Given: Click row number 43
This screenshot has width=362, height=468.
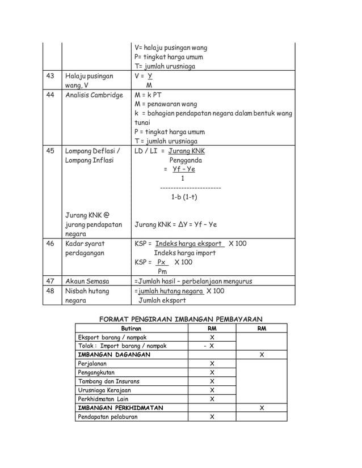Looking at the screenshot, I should pos(50,76).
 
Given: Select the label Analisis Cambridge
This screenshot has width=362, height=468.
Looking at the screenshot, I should pos(94,95).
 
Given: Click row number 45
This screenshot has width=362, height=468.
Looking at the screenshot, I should pos(50,151).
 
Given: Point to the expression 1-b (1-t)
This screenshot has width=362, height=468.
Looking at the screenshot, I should pos(184,197).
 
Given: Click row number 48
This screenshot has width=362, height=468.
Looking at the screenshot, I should pos(50,291).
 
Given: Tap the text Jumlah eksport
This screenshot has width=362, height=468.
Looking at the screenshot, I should pos(162,300).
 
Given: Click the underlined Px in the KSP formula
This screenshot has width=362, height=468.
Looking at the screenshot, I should pos(162,262).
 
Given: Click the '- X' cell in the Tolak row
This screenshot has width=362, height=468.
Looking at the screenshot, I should pos(209,346).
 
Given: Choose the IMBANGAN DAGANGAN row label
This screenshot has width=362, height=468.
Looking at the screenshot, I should pos(114,355).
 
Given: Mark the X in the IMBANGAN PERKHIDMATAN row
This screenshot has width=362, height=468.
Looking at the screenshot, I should pos(261,408).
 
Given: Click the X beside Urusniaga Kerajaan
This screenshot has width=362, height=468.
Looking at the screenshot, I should pos(212,390).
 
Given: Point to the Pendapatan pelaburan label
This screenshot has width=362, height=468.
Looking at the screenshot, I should pos(107,417).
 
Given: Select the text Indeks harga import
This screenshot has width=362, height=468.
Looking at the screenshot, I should pos(185,253).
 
